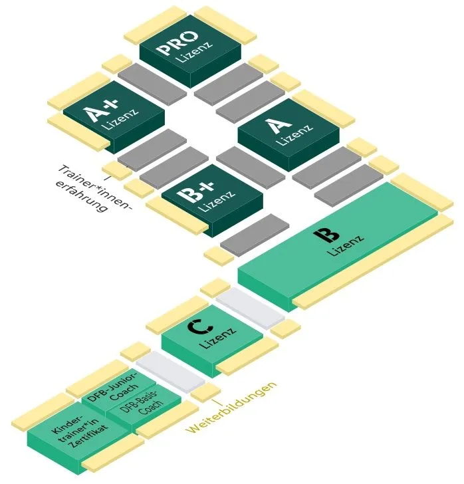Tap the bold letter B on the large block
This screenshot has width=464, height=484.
(x=323, y=235)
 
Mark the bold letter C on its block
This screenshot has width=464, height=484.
(x=195, y=327)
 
